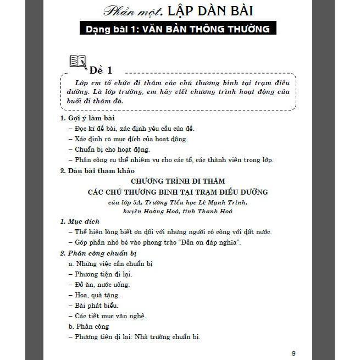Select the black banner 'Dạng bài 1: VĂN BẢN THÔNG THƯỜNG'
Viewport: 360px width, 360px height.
tap(177, 29)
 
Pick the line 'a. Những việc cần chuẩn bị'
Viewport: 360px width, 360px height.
tap(110, 263)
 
